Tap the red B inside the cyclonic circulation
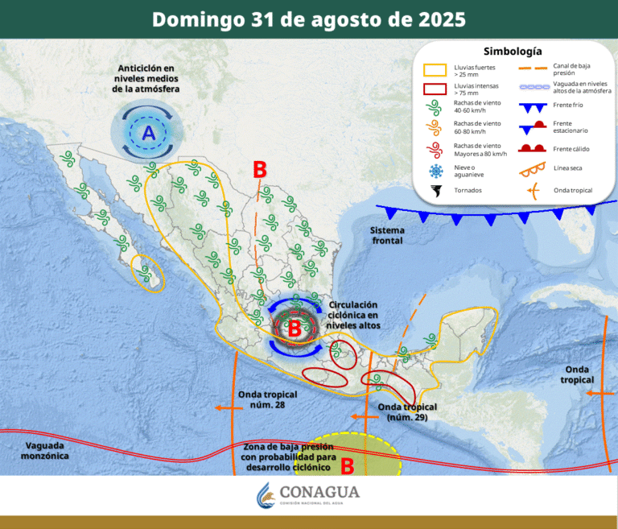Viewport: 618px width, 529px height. pyautogui.click(x=295, y=328)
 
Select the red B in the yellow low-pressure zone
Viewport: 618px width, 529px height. pyautogui.click(x=348, y=465)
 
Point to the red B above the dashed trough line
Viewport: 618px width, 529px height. pyautogui.click(x=259, y=170)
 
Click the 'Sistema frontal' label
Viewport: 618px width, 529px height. pyautogui.click(x=387, y=235)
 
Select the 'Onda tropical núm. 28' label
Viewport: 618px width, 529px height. pyautogui.click(x=268, y=399)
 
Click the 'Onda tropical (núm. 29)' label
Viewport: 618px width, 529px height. pyautogui.click(x=406, y=412)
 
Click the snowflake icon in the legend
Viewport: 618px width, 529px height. pyautogui.click(x=436, y=170)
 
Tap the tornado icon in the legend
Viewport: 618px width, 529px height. pyautogui.click(x=436, y=191)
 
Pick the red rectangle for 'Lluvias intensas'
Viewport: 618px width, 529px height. pyautogui.click(x=436, y=89)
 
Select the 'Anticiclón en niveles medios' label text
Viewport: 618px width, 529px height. pyautogui.click(x=146, y=79)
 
